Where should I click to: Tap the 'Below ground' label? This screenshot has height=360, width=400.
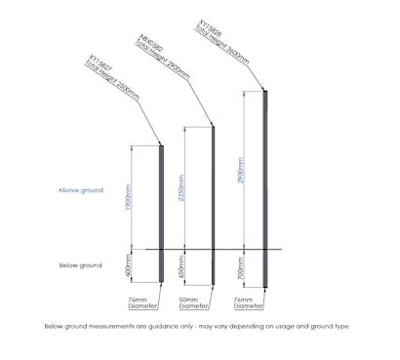[80, 265]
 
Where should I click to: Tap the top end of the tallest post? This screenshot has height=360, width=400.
[266, 92]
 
